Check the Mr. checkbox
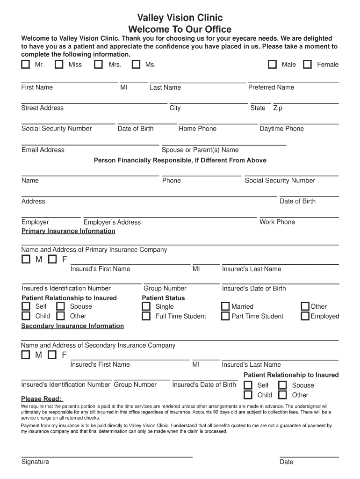click(x=25, y=65)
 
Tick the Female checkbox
click(x=307, y=65)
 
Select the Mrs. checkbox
click(x=98, y=65)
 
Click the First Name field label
click(x=37, y=87)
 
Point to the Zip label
click(x=278, y=108)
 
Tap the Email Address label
click(x=43, y=150)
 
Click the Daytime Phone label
click(x=281, y=129)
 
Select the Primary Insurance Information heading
click(x=68, y=231)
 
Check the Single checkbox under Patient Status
click(x=146, y=306)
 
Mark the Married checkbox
click(x=225, y=306)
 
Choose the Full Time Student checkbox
click(x=146, y=316)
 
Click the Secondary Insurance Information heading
click(x=72, y=326)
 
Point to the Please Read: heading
click(x=42, y=399)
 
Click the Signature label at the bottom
click(x=35, y=462)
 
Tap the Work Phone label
click(x=277, y=222)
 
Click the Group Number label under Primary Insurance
click(x=165, y=288)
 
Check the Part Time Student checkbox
click(x=225, y=316)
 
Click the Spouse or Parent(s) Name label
click(x=200, y=150)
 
